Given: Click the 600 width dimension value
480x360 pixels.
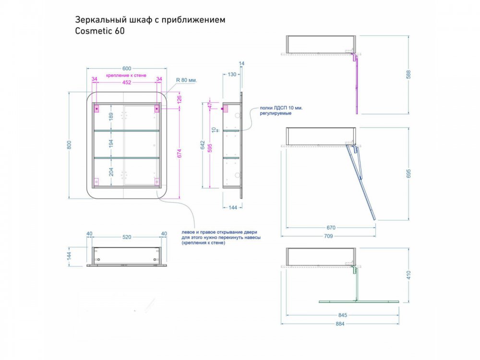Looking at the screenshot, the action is [x=127, y=69].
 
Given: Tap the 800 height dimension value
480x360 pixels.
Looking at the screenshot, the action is [x=69, y=145].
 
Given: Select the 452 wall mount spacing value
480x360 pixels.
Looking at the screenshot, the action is [x=127, y=83].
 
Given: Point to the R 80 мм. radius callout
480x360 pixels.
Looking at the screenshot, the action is [x=186, y=80].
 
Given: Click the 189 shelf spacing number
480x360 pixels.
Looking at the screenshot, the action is [x=111, y=116].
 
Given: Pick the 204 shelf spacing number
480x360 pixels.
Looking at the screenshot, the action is [x=111, y=172].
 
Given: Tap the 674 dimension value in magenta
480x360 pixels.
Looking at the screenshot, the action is [x=180, y=154].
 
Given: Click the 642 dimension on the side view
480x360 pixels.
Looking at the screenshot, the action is [x=203, y=145].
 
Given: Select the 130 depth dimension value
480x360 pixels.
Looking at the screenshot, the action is [x=232, y=74].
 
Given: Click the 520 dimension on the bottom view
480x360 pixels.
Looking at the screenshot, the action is [x=127, y=237].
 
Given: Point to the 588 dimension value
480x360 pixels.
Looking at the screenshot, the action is [x=408, y=75].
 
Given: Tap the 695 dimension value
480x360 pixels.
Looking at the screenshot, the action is [x=408, y=174].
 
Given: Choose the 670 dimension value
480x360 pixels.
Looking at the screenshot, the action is [x=331, y=228].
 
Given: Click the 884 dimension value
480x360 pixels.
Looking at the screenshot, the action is [x=340, y=324].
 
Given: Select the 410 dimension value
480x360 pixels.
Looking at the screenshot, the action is [x=408, y=275].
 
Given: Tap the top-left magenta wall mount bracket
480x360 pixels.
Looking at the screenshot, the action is [x=96, y=108].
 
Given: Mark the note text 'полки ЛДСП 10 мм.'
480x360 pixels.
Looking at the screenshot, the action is [x=281, y=108].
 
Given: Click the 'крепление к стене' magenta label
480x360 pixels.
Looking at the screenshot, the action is [x=126, y=75].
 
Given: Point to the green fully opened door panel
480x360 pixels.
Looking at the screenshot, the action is [x=359, y=301].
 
